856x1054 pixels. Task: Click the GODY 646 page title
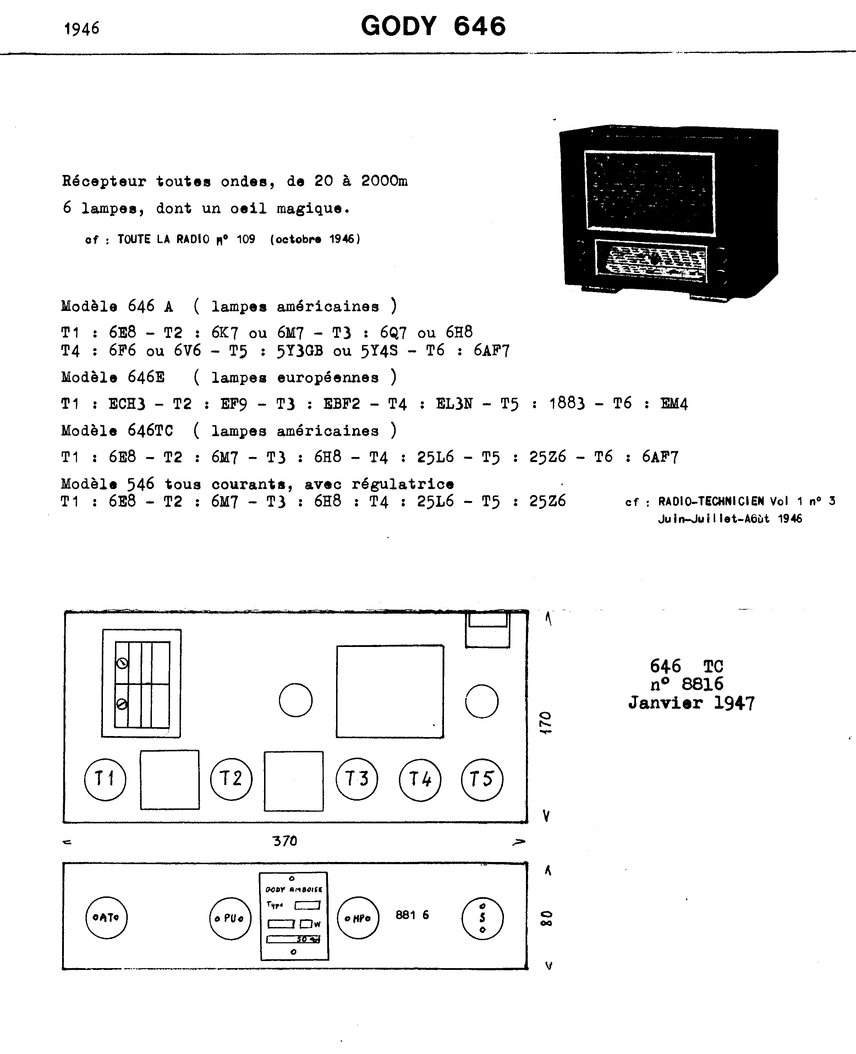pos(433,26)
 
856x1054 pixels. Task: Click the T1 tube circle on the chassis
pos(105,779)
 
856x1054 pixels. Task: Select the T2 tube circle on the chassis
pos(231,779)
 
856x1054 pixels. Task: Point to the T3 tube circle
pos(357,779)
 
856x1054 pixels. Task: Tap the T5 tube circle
pos(482,779)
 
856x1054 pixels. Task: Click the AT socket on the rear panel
pos(106,917)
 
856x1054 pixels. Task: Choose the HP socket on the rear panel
pos(358,918)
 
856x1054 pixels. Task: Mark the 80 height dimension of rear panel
pos(546,918)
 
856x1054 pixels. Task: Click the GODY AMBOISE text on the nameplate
pos(294,890)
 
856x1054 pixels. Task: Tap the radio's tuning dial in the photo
pos(651,261)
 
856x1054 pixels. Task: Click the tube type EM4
pos(674,404)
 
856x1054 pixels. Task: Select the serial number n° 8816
pos(687,684)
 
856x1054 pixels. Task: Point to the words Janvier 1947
pos(691,703)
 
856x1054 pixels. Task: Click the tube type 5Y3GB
pos(299,351)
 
